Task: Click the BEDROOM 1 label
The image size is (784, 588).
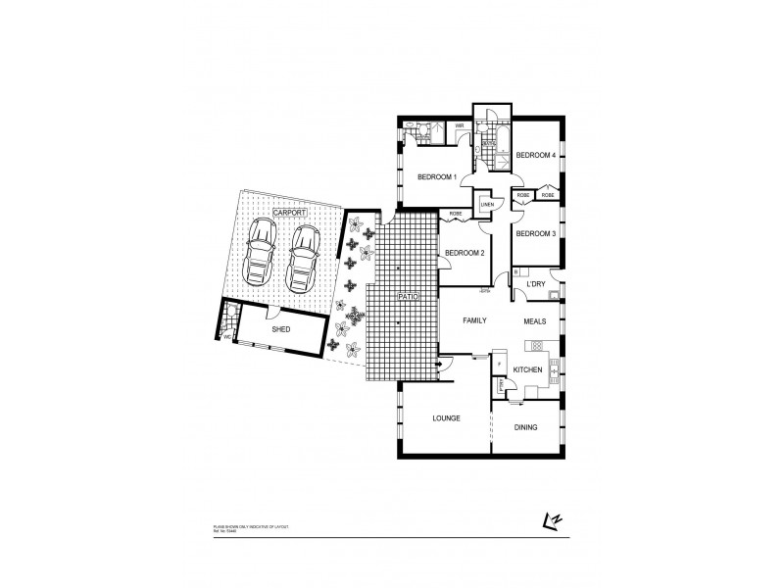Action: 437,177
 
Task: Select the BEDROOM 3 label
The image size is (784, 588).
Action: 535,233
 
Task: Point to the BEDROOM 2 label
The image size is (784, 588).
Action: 465,253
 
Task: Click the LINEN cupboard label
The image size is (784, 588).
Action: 486,205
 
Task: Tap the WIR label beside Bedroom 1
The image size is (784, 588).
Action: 458,125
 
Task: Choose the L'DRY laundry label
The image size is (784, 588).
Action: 536,285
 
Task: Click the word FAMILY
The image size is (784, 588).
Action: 476,320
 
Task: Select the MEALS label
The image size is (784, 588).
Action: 535,320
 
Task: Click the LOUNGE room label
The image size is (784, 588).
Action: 446,418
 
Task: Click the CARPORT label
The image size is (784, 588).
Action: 289,213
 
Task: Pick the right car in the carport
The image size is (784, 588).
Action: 304,258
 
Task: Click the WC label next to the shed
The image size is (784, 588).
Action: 228,337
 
